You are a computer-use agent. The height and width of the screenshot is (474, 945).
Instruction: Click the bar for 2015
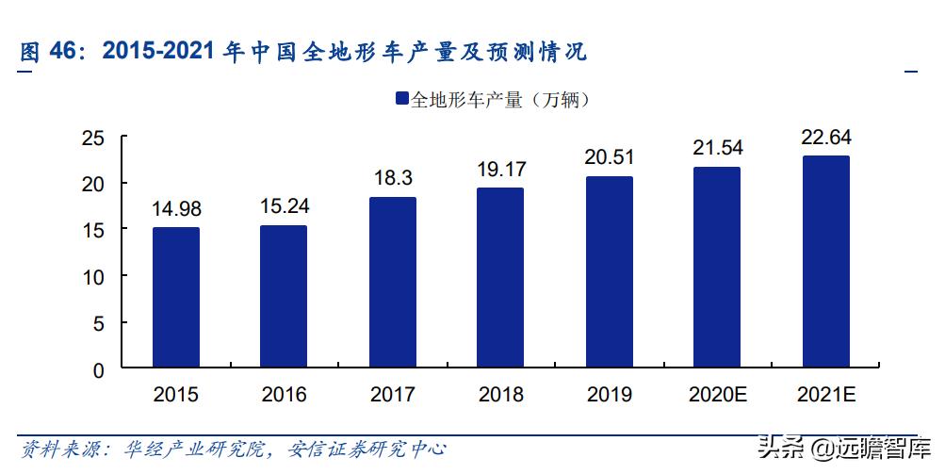(176, 298)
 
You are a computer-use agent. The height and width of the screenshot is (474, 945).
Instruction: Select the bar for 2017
(393, 283)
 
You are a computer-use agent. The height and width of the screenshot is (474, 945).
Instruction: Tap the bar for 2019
(609, 272)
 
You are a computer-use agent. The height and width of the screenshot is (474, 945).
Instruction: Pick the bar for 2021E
(825, 262)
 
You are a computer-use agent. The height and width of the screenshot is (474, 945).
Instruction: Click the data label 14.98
(176, 209)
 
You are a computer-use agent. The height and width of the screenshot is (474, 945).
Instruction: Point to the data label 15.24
(284, 206)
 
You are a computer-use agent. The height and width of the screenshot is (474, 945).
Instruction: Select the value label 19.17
(500, 170)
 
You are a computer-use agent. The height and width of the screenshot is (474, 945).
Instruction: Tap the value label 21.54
(717, 148)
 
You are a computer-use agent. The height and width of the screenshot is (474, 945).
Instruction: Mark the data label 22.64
(825, 138)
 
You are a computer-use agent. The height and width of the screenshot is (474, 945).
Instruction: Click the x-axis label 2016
(284, 395)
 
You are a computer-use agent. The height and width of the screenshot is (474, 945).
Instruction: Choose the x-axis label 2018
(500, 395)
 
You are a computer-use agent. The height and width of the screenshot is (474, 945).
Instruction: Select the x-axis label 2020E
(717, 395)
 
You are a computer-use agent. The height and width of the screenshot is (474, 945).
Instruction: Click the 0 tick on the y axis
(98, 370)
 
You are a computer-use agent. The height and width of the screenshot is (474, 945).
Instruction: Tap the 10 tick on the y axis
(92, 277)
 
